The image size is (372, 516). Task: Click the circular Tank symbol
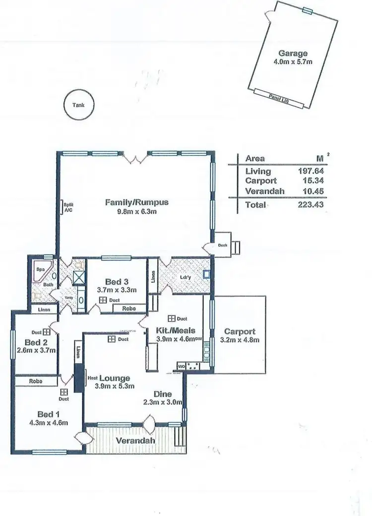[78, 105]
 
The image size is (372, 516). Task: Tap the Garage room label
[293, 54]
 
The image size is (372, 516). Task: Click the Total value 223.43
[311, 204]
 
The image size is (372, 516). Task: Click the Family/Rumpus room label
[137, 202]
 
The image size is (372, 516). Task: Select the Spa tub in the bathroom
[40, 270]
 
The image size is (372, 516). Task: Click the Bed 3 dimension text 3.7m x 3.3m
[117, 290]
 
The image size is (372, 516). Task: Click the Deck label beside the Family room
[222, 246]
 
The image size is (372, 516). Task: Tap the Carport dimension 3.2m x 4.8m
[240, 340]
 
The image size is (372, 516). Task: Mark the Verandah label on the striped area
[135, 441]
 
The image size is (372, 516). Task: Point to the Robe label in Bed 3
[128, 309]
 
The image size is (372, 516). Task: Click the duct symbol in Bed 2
[47, 332]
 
